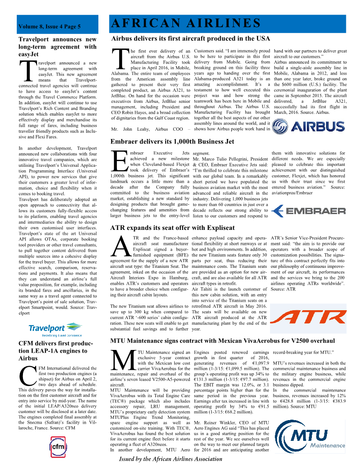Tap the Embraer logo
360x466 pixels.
point(308,210)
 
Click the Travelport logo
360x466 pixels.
point(55,328)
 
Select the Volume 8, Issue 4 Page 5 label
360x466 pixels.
point(49,27)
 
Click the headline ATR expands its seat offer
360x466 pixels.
point(172,228)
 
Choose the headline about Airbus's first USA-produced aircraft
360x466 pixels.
point(191,39)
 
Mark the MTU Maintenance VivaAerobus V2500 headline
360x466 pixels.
point(222,341)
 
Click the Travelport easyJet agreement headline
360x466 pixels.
point(57,43)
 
